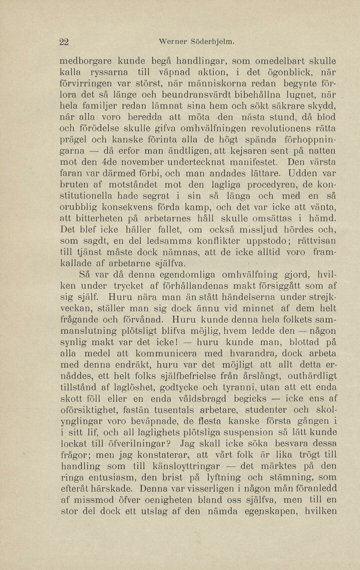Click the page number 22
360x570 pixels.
[64, 42]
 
